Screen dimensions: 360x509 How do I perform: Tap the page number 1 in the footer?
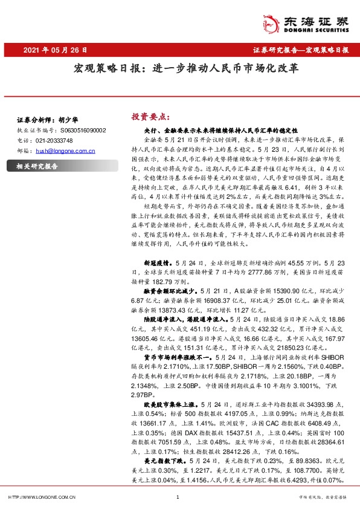tap(176, 497)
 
